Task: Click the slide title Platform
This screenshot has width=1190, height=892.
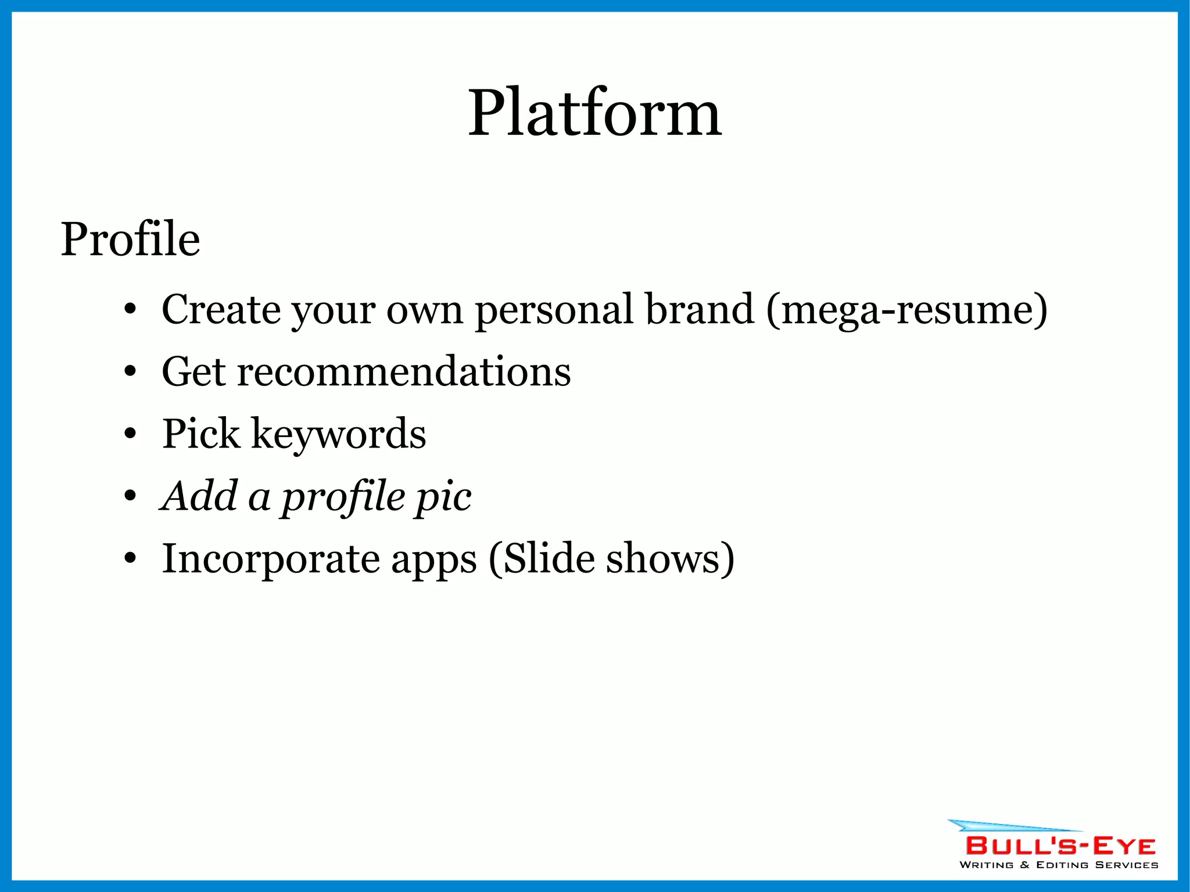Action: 594,113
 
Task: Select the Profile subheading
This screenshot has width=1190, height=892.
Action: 130,239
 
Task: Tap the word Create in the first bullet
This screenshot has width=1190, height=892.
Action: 221,310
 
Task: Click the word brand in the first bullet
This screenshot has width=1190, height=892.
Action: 700,310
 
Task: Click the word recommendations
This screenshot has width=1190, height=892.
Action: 404,372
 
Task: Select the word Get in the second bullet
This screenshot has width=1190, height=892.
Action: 193,372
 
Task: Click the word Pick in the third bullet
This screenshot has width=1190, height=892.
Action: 200,434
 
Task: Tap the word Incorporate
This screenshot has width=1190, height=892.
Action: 270,559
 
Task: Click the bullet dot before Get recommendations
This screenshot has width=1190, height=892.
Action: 130,372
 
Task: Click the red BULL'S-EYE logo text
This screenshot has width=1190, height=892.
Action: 1060,846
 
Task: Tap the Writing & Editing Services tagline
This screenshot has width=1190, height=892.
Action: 1059,865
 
